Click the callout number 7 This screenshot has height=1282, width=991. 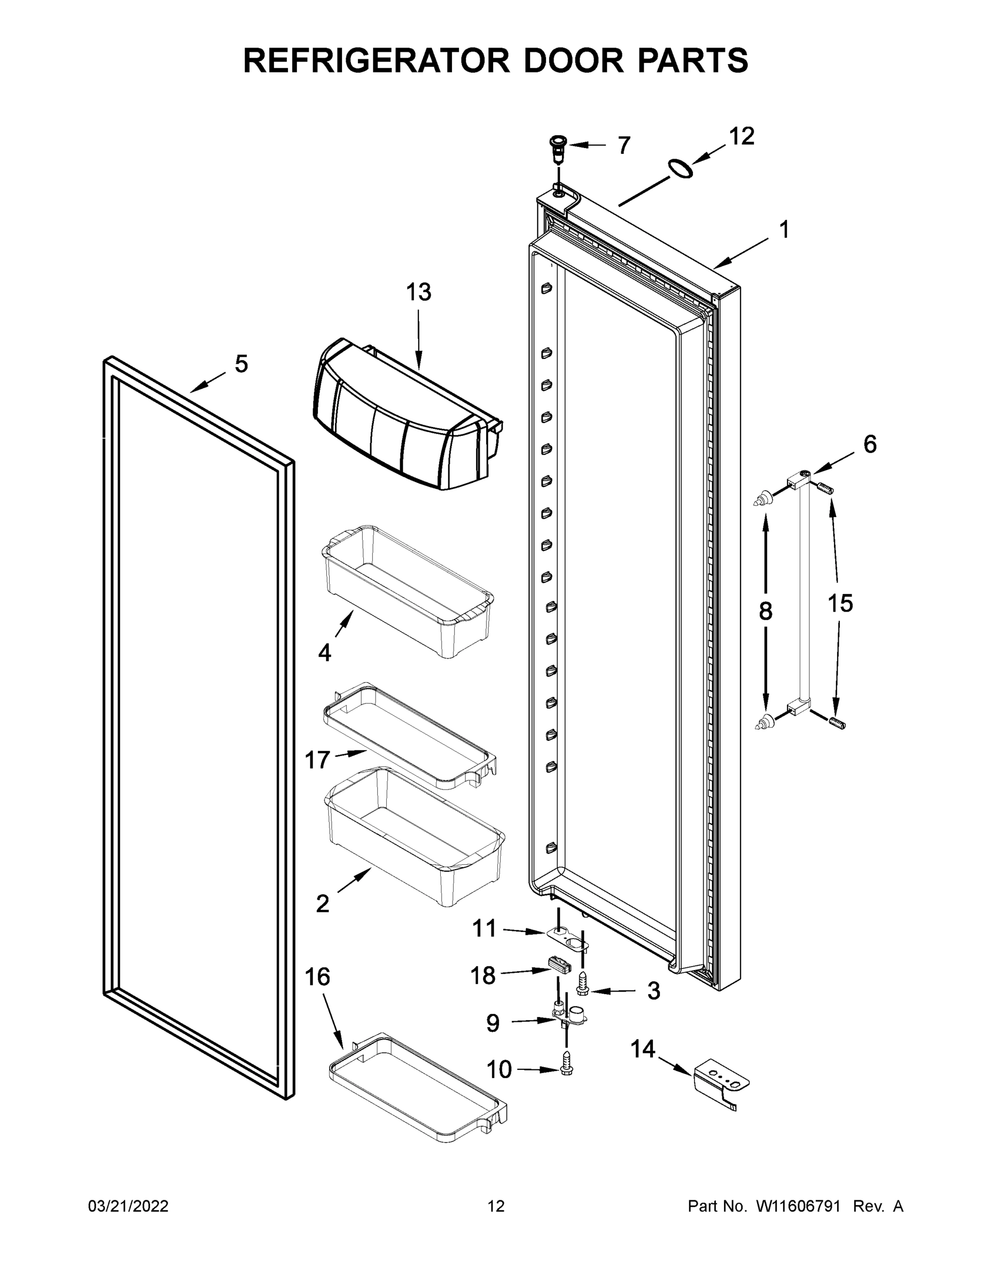(x=624, y=145)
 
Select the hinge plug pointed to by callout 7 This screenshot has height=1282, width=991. (x=558, y=148)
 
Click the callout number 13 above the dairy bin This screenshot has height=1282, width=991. (x=419, y=292)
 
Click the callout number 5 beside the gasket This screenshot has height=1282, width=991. (x=241, y=364)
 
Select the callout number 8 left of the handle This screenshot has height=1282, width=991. (x=766, y=612)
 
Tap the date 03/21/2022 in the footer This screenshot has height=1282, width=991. (x=128, y=1206)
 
